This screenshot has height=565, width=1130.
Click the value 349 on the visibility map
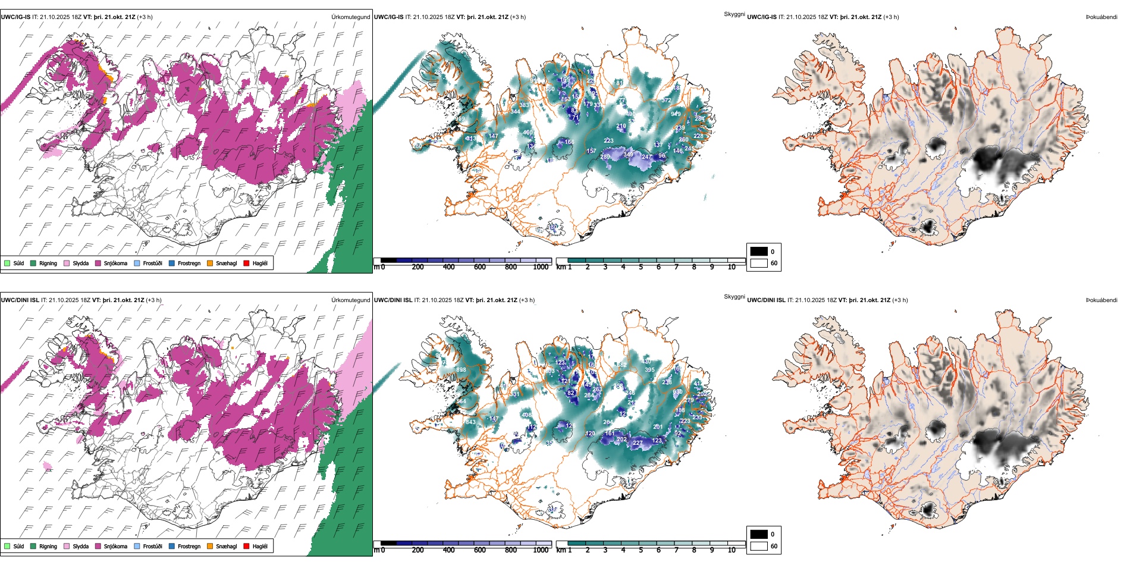click(628, 155)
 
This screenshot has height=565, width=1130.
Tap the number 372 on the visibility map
click(667, 101)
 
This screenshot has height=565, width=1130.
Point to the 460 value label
click(528, 133)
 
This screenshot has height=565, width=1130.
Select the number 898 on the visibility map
click(461, 370)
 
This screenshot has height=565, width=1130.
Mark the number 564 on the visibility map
click(461, 401)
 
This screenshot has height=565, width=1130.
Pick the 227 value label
click(638, 443)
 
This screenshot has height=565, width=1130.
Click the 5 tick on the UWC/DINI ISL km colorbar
click(641, 550)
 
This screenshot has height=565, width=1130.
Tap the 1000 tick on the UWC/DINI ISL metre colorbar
click(541, 550)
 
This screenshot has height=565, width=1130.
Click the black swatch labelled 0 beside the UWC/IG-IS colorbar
click(759, 252)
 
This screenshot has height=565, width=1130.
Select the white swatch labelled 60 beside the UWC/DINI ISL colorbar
click(759, 546)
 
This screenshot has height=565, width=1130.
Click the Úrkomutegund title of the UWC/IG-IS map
click(350, 17)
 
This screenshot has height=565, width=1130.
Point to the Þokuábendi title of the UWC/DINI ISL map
click(1101, 300)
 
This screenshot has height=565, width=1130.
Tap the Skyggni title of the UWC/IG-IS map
click(734, 14)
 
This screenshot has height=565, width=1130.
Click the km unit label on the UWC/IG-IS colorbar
click(561, 268)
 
